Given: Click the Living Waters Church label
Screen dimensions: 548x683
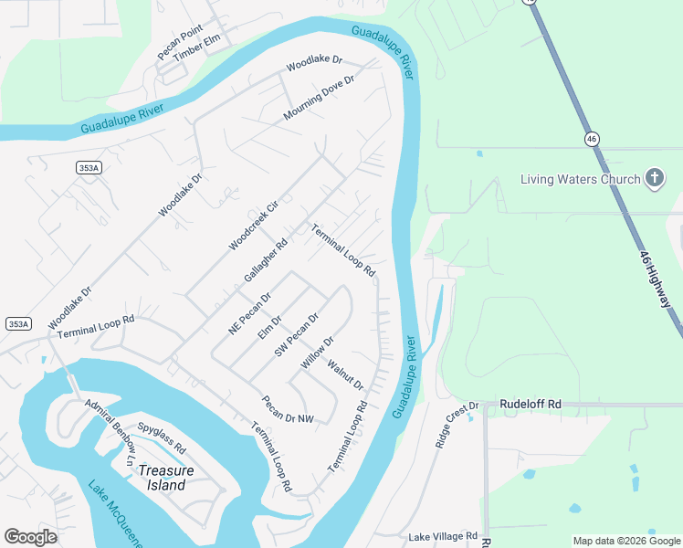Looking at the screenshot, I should (580, 179).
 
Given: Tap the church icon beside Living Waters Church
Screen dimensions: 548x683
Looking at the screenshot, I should (654, 178).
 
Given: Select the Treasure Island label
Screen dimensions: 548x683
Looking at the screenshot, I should (166, 478).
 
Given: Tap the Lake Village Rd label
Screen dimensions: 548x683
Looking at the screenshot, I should (443, 536).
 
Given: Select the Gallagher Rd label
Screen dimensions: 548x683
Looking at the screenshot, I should (266, 261).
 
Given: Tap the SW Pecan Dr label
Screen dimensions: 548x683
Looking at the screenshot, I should (297, 333).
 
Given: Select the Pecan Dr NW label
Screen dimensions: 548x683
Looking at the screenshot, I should (287, 409).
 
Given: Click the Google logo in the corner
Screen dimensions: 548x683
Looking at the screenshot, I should (30, 537).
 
